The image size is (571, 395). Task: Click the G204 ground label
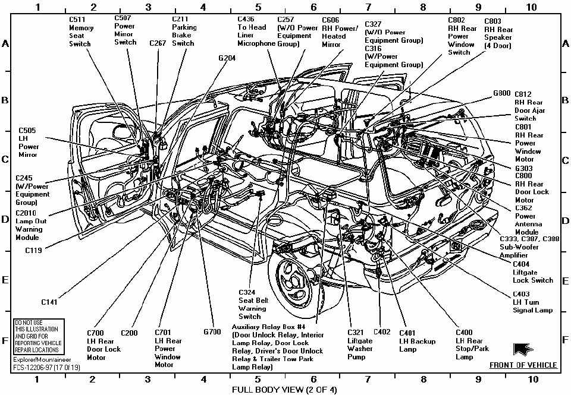pos(227,58)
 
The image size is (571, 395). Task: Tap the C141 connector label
pos(49,302)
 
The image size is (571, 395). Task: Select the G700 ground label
pos(212,333)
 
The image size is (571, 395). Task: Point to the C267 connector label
pos(158,43)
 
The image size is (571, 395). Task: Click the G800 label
pos(501,93)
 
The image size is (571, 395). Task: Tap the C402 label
pos(382,332)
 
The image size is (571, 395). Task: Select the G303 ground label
pos(525,168)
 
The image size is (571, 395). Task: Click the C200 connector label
pos(130,333)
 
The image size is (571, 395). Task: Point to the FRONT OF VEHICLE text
pos(523,365)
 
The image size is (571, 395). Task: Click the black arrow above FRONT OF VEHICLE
pos(524,350)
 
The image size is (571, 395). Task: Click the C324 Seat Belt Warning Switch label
pos(252,304)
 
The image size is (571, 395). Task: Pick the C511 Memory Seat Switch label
pos(80,31)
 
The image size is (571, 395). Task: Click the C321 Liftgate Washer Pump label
pos(360,345)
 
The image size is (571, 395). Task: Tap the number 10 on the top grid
pos(531,7)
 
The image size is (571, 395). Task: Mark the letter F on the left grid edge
pos(5,341)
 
